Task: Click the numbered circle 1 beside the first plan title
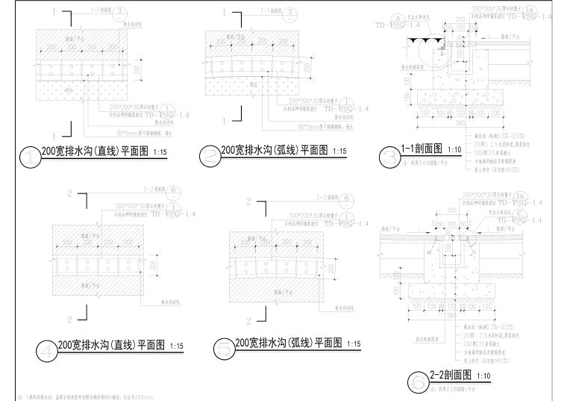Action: point(30,157)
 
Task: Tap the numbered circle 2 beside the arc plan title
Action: point(212,156)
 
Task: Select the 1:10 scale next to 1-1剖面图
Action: point(456,149)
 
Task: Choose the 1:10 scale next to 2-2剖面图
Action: point(483,375)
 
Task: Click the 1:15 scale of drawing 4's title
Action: point(177,346)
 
